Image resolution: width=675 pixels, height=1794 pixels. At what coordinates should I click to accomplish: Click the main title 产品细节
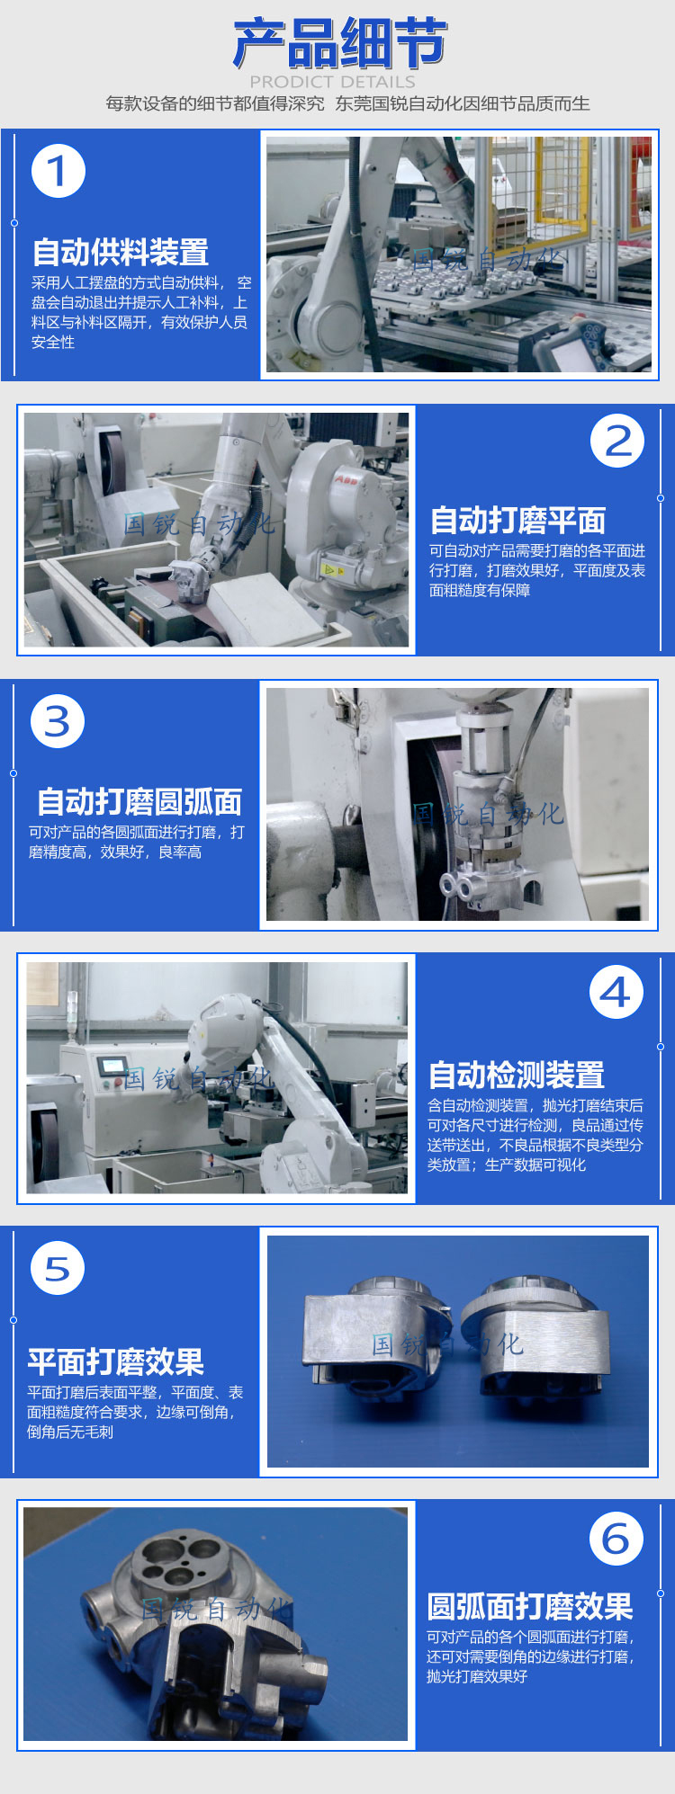coord(339,43)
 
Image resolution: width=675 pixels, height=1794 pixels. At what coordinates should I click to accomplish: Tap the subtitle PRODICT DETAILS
coord(332,82)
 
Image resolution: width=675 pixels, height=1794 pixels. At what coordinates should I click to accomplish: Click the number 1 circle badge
coord(58,171)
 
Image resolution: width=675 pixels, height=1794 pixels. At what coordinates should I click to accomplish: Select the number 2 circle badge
coord(617,441)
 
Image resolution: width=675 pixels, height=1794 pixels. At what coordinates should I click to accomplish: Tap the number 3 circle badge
coord(58,721)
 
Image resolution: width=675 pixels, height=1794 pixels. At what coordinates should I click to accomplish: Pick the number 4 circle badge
coord(616,992)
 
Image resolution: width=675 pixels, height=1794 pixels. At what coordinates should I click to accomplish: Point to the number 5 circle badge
coord(58,1268)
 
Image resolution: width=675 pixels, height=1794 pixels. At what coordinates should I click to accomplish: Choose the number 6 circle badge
coord(616,1539)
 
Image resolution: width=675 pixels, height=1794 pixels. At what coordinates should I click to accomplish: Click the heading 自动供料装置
coord(121,253)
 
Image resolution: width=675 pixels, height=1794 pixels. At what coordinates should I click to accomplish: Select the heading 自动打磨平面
coord(518,521)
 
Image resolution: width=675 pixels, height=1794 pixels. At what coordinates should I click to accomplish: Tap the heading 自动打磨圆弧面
coord(139,801)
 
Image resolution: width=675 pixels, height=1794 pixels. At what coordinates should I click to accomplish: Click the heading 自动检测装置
coord(517,1075)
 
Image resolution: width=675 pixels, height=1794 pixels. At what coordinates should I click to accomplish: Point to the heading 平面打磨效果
coord(116,1361)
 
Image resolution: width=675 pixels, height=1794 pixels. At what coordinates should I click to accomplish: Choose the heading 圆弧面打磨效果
coord(530,1606)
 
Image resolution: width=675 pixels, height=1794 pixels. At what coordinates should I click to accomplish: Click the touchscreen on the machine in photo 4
coord(112,1066)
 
